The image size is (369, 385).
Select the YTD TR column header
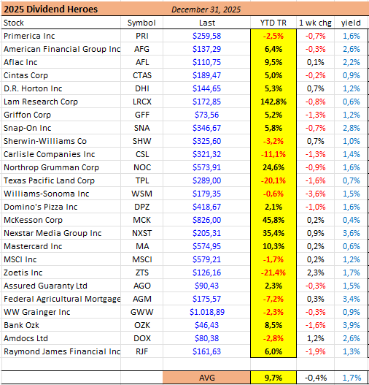(x=273, y=23)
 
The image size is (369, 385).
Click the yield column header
(x=351, y=23)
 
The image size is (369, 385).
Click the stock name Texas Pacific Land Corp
(x=50, y=180)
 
